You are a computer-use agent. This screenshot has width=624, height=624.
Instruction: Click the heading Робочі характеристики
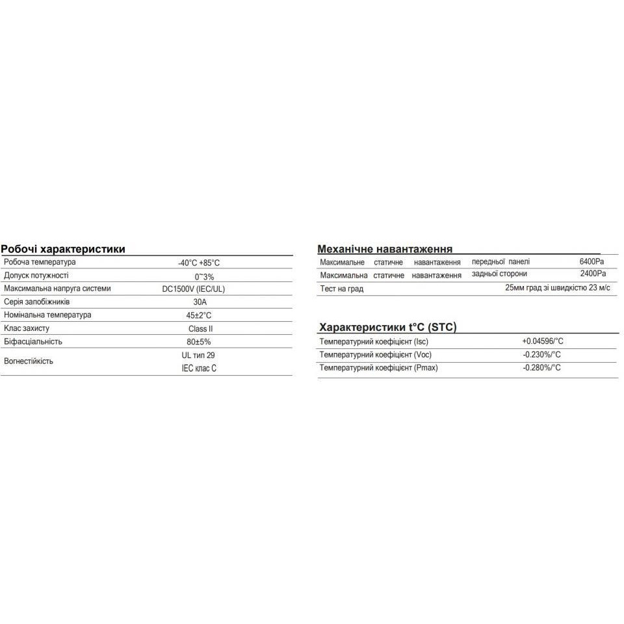pyautogui.click(x=63, y=249)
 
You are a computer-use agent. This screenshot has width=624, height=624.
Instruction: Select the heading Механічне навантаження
pyautogui.click(x=385, y=249)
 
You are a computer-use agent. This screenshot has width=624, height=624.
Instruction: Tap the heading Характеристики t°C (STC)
pyautogui.click(x=389, y=328)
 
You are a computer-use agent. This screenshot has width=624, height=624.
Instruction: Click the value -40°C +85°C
pyautogui.click(x=199, y=263)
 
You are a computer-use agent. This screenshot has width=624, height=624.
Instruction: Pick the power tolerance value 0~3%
pyautogui.click(x=204, y=276)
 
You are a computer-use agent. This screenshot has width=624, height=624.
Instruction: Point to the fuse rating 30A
pyautogui.click(x=201, y=302)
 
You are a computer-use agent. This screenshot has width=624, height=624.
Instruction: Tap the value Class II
pyautogui.click(x=201, y=329)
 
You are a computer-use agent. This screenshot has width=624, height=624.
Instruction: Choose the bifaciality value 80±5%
pyautogui.click(x=199, y=342)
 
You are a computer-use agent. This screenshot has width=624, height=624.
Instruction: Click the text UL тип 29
pyautogui.click(x=199, y=356)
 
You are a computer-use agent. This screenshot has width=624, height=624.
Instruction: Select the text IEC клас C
pyautogui.click(x=199, y=368)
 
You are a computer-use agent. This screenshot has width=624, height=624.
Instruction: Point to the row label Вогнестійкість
pyautogui.click(x=29, y=361)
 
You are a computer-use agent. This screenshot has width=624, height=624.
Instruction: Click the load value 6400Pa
pyautogui.click(x=592, y=262)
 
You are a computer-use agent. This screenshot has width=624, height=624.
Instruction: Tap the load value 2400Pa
pyautogui.click(x=592, y=274)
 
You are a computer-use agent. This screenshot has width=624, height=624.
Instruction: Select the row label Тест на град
pyautogui.click(x=342, y=289)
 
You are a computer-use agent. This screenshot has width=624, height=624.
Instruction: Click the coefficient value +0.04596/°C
pyautogui.click(x=542, y=341)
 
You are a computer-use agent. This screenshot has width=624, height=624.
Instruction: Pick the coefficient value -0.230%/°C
pyautogui.click(x=541, y=355)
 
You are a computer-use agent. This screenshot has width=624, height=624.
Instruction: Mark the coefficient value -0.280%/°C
pyautogui.click(x=541, y=368)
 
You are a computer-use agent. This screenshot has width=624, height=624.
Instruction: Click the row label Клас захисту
pyautogui.click(x=27, y=328)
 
